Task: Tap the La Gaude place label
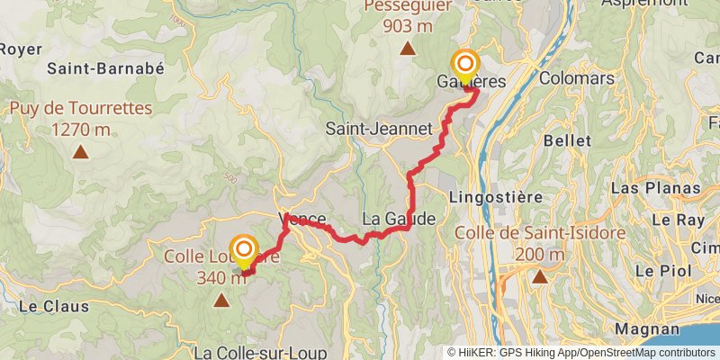(399, 219)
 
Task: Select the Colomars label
(576, 78)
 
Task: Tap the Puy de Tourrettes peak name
(81, 110)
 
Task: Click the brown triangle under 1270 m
(81, 152)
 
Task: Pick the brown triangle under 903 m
(407, 49)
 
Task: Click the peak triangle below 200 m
(540, 277)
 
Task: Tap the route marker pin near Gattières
(465, 66)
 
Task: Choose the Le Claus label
(44, 306)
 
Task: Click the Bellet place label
(567, 141)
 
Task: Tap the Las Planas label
(654, 188)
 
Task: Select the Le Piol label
(654, 270)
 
